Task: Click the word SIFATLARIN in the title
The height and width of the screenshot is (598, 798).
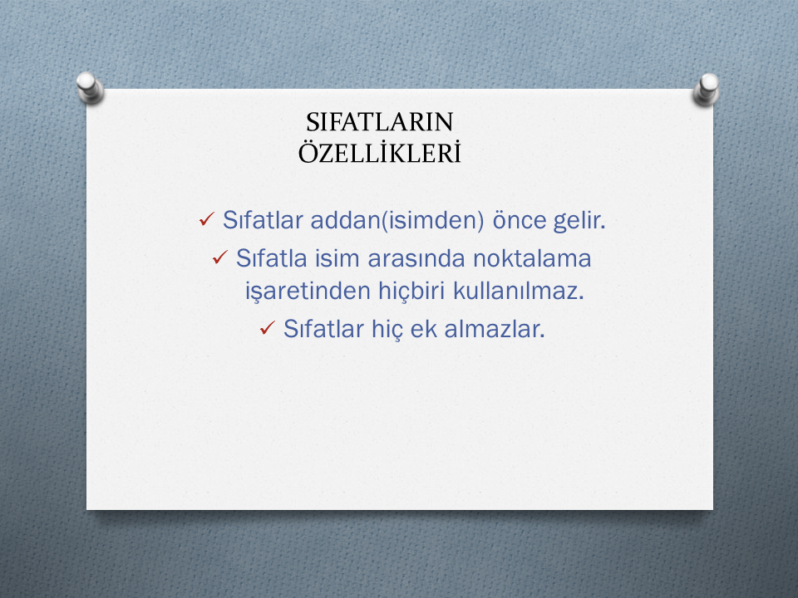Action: pyautogui.click(x=379, y=122)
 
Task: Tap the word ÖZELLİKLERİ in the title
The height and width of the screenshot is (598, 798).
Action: pyautogui.click(x=379, y=153)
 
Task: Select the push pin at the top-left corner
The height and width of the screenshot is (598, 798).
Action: pyautogui.click(x=90, y=87)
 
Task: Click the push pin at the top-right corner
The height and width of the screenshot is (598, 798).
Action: pyautogui.click(x=707, y=89)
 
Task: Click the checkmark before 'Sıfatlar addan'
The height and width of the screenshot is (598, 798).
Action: pyautogui.click(x=207, y=219)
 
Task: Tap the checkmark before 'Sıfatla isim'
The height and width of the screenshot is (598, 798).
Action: pyautogui.click(x=219, y=257)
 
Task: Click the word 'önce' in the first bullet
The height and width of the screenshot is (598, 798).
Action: pyautogui.click(x=519, y=220)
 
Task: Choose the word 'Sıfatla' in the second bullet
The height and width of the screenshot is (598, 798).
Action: pyautogui.click(x=272, y=258)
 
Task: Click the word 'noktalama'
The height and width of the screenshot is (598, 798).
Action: pyautogui.click(x=532, y=258)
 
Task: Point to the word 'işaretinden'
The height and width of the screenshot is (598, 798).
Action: pyautogui.click(x=308, y=292)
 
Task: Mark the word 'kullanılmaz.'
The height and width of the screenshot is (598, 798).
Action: pyautogui.click(x=518, y=291)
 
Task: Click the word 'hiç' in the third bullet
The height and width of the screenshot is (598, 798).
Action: pyautogui.click(x=387, y=330)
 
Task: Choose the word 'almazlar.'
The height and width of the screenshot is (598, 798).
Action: pyautogui.click(x=495, y=329)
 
